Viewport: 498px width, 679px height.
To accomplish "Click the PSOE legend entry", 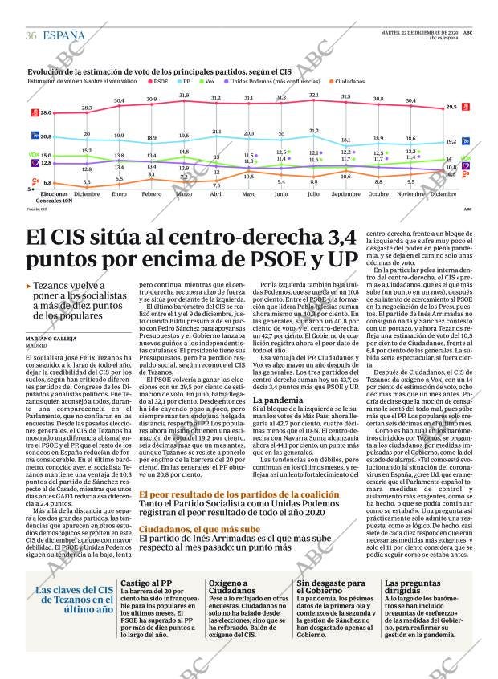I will click(159, 81).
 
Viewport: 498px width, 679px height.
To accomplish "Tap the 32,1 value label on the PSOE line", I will click(314, 95).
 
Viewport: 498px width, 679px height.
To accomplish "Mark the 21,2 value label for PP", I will click(314, 130).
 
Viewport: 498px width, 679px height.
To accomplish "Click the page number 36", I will click(31, 35).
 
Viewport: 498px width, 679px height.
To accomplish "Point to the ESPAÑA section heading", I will click(63, 35).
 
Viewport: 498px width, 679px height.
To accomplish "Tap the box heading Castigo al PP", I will click(147, 584).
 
